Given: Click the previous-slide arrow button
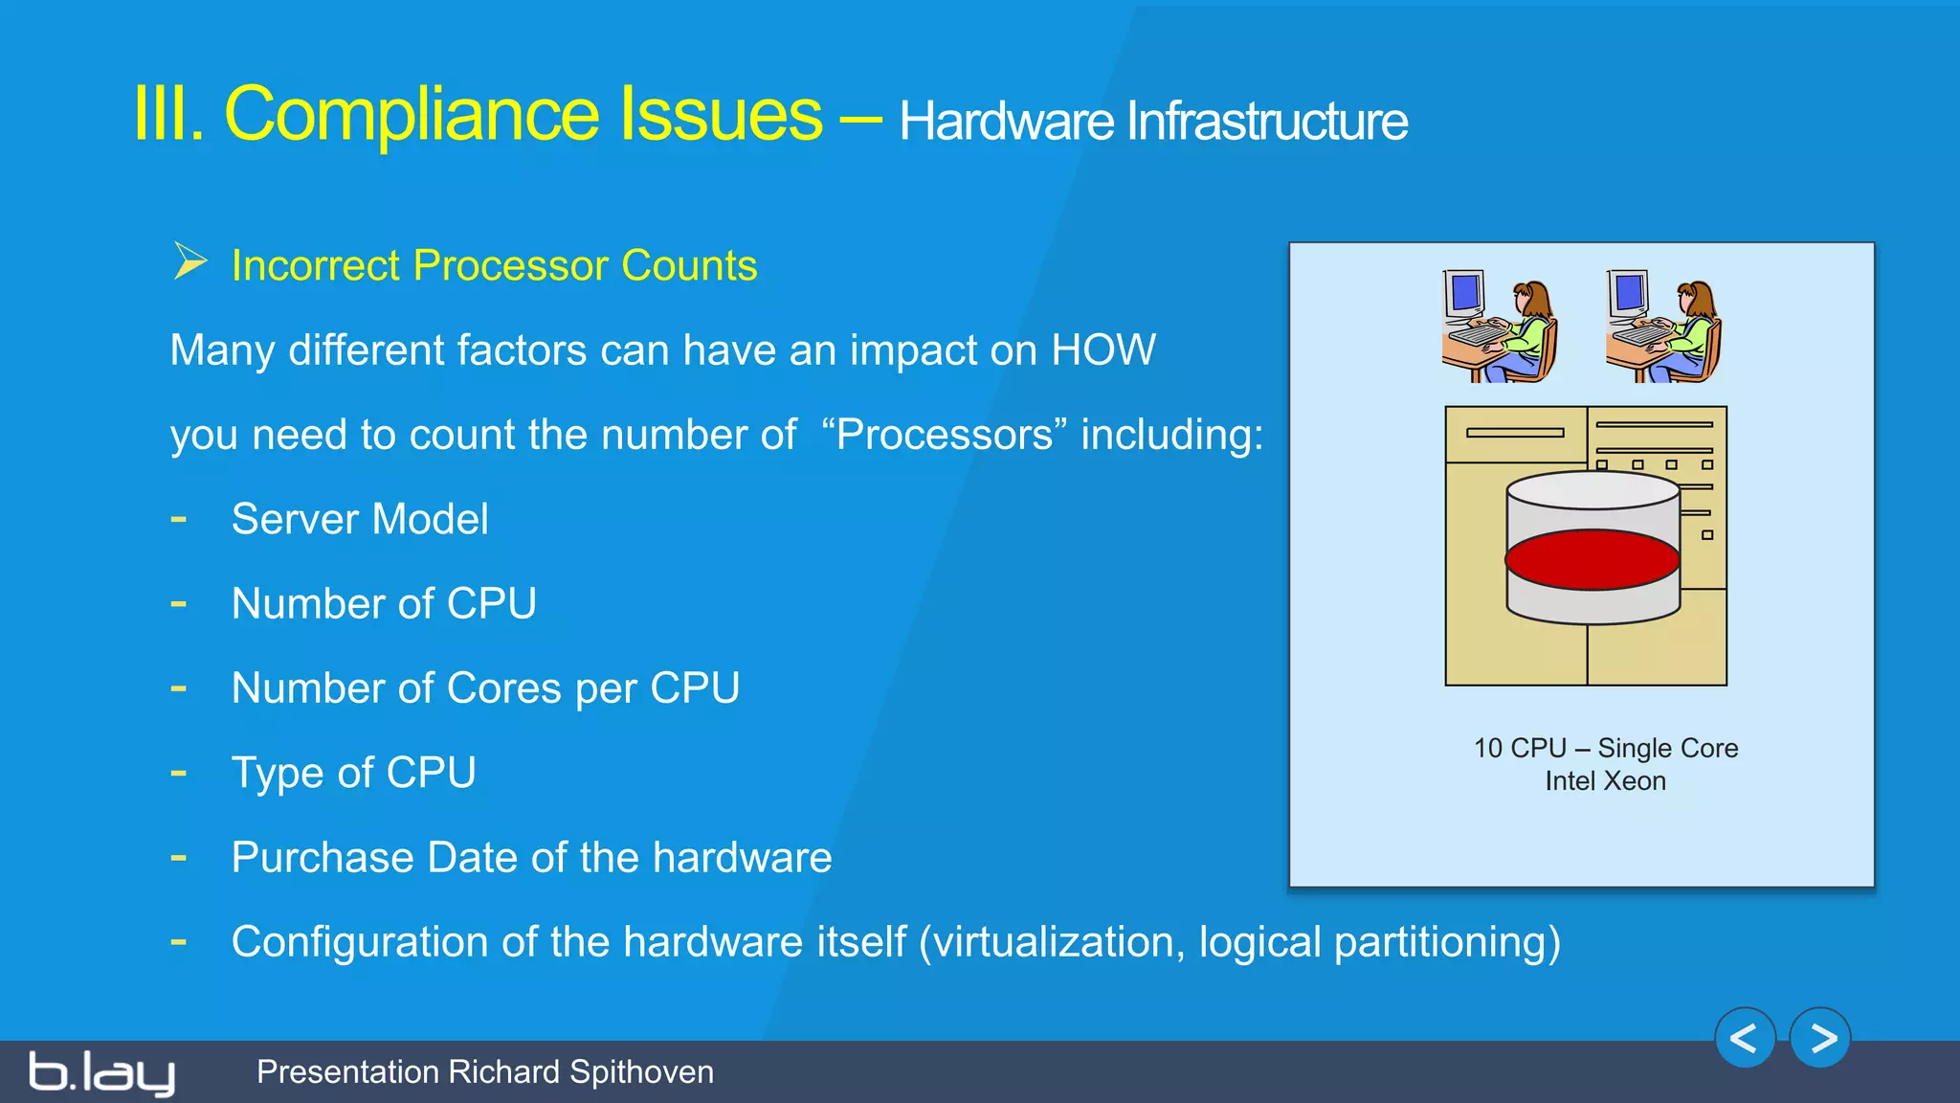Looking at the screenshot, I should point(1745,1038).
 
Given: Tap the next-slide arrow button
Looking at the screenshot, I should point(1820,1038).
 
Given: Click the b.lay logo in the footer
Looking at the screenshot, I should point(101,1072).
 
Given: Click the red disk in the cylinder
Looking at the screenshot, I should point(1592,559).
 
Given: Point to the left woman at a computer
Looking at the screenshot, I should point(1500,326).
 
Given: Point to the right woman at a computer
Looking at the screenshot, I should point(1663,326).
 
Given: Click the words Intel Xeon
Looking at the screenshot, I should point(1605,781).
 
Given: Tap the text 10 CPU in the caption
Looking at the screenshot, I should point(1520,748).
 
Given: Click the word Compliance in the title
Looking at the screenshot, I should point(523,115).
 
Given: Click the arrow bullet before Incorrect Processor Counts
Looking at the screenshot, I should point(190,261).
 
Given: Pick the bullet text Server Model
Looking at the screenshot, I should point(360,519).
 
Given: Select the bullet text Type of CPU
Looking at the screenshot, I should point(353,773).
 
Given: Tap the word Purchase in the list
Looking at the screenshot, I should point(323,857).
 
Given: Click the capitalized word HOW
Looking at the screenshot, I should point(1102,350).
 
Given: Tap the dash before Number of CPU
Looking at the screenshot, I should point(179,603).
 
